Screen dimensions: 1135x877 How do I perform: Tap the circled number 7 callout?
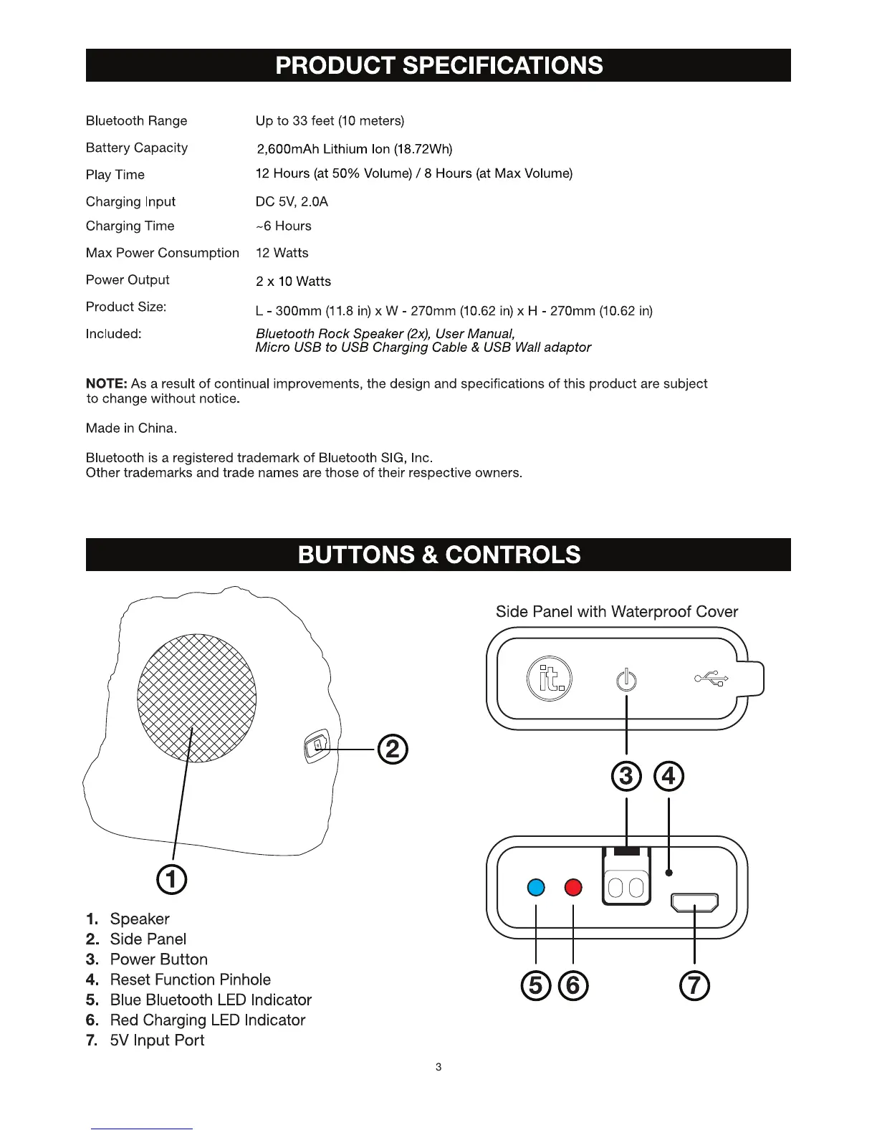[x=695, y=986]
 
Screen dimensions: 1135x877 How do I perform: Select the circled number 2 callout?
[x=393, y=750]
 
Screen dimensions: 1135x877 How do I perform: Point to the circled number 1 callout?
[x=173, y=879]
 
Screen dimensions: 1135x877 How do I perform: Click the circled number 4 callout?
[x=669, y=776]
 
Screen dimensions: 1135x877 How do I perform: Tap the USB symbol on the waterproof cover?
[x=711, y=678]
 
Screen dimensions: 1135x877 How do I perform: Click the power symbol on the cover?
[x=626, y=679]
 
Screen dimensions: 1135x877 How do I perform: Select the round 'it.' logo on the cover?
[x=550, y=678]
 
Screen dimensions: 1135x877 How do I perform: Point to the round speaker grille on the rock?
[x=197, y=697]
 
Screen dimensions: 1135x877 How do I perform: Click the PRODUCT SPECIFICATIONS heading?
[x=438, y=66]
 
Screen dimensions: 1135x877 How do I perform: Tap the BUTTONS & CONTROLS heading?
[x=438, y=555]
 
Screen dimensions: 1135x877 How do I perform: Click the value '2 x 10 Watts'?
[x=293, y=282]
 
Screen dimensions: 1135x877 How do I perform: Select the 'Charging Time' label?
[x=130, y=226]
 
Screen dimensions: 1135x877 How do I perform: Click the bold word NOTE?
[x=106, y=384]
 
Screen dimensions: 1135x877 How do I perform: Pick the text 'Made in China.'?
[x=131, y=428]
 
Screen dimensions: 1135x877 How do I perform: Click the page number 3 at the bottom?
[x=438, y=1067]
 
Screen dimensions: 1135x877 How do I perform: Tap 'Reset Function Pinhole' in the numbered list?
[x=190, y=980]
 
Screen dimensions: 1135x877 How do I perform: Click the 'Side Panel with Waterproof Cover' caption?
[x=616, y=612]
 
